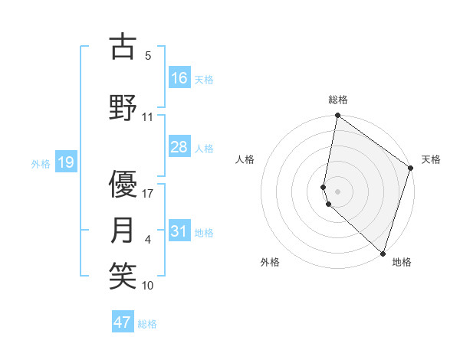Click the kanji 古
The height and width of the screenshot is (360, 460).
[x=123, y=47]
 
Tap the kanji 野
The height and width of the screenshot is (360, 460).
[x=123, y=108]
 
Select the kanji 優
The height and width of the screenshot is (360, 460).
[x=123, y=184]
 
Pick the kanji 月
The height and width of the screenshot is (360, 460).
[x=123, y=230]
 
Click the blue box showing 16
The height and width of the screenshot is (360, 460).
[x=179, y=78]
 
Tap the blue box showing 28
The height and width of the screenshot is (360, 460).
[x=179, y=147]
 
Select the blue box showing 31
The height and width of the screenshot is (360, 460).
[x=179, y=231]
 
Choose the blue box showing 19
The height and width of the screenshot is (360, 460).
[x=65, y=162]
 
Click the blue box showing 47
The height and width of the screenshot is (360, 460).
[x=123, y=322]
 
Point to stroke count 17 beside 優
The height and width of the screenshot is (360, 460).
[x=148, y=194]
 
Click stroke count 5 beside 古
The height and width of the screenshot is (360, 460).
[x=148, y=56]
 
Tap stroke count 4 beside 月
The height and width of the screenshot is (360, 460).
[x=148, y=240]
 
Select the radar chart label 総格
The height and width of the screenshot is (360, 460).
[x=338, y=100]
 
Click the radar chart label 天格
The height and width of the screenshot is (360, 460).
[x=431, y=159]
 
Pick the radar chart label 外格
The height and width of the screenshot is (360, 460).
[x=270, y=262]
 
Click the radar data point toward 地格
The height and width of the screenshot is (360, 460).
[x=382, y=253]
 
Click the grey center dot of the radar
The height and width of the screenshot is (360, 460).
[x=338, y=191]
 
